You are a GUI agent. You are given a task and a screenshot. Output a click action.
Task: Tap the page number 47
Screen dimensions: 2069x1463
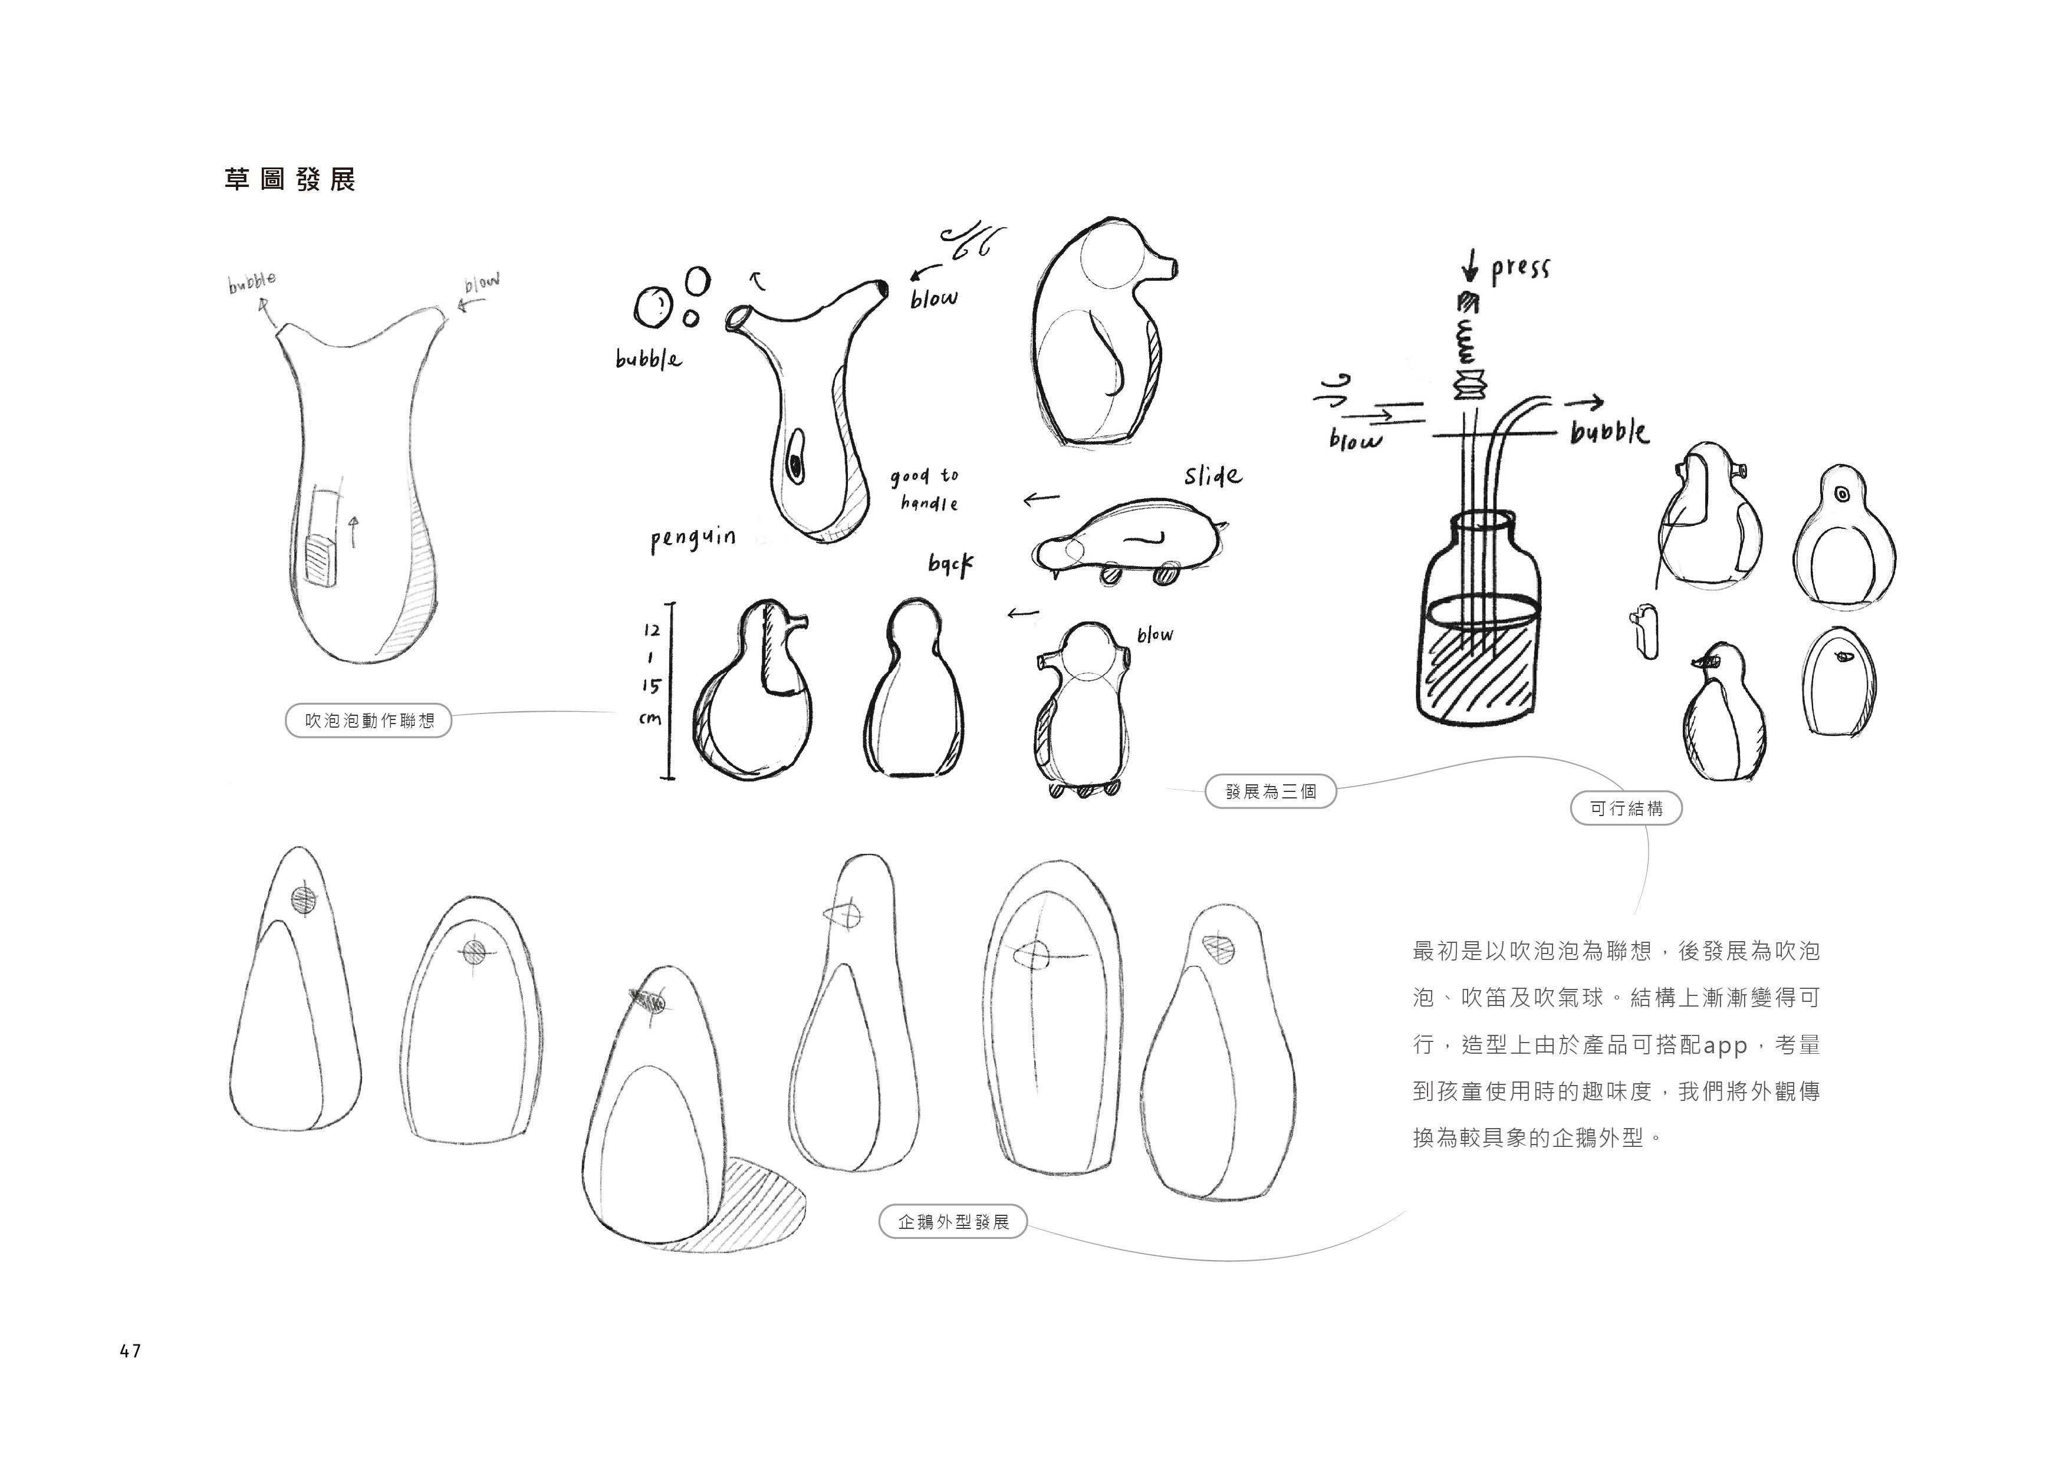click(x=130, y=1350)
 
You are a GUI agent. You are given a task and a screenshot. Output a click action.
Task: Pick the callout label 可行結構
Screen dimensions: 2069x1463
click(x=1626, y=808)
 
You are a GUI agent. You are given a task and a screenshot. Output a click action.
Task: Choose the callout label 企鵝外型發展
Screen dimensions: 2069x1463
click(x=952, y=1222)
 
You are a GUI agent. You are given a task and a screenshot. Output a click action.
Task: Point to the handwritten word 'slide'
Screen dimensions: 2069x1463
click(x=1212, y=475)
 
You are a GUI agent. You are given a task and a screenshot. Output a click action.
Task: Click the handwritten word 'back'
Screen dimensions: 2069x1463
click(x=950, y=564)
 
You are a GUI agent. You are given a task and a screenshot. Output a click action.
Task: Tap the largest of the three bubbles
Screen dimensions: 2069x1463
click(x=652, y=307)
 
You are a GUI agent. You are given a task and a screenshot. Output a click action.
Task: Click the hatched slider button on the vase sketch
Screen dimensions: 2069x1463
click(x=319, y=561)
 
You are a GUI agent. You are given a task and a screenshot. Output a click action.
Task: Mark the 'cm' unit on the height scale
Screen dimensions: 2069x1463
click(x=650, y=718)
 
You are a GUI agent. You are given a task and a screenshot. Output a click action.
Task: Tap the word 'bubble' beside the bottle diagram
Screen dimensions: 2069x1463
click(x=1610, y=433)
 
